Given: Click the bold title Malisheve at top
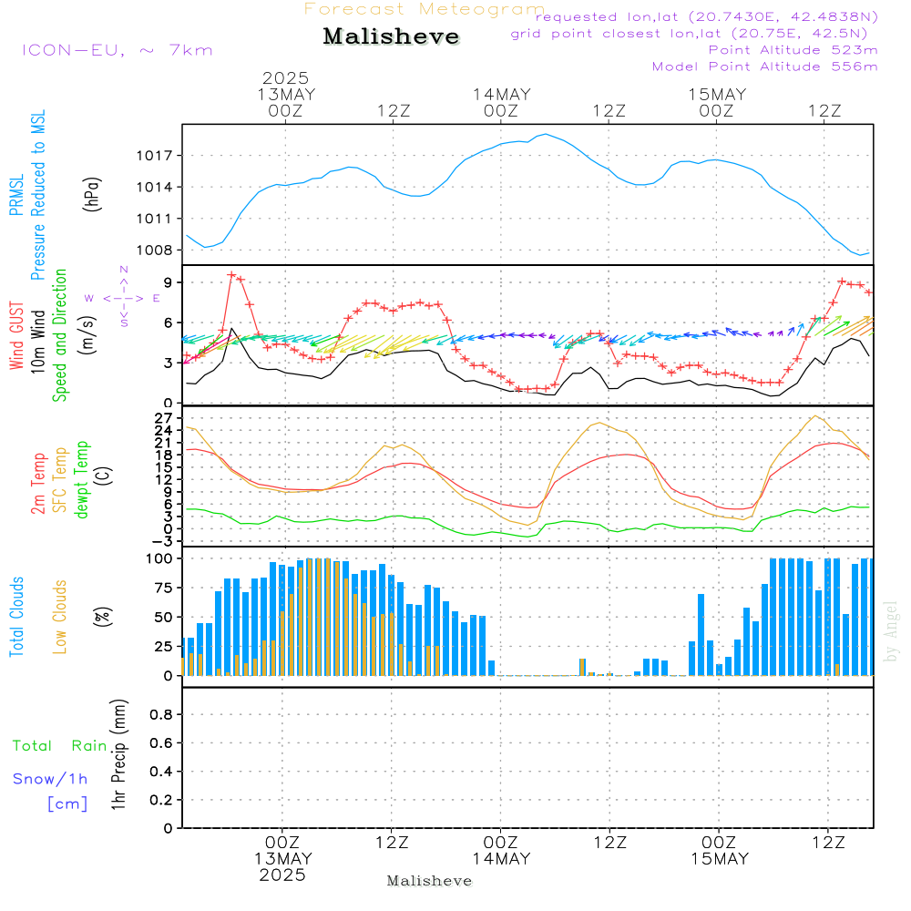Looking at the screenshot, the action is tap(391, 36).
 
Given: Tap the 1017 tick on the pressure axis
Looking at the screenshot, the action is tap(155, 156).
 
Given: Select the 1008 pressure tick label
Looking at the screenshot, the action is tap(155, 251).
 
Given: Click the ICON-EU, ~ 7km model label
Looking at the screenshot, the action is tap(118, 50).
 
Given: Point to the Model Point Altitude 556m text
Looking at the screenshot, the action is tap(764, 67).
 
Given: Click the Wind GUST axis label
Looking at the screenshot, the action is tap(16, 335).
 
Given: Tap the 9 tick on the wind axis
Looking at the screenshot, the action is tap(169, 282).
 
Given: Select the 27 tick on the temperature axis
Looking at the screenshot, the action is tap(164, 418).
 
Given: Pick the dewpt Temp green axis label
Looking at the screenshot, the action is tap(81, 479).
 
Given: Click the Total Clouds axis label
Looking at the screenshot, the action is tap(16, 617).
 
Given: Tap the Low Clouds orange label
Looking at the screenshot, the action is tap(60, 617).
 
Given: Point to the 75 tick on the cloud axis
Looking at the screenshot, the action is tap(163, 588).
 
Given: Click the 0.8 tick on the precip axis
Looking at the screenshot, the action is tap(161, 714).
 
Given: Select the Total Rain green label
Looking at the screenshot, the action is tap(60, 746).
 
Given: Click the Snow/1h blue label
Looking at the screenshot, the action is tap(50, 779).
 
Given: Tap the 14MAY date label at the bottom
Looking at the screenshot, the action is tap(501, 859).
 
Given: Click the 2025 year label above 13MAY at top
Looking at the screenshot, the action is tap(285, 77).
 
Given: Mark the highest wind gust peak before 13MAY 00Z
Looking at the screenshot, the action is tap(231, 274).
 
